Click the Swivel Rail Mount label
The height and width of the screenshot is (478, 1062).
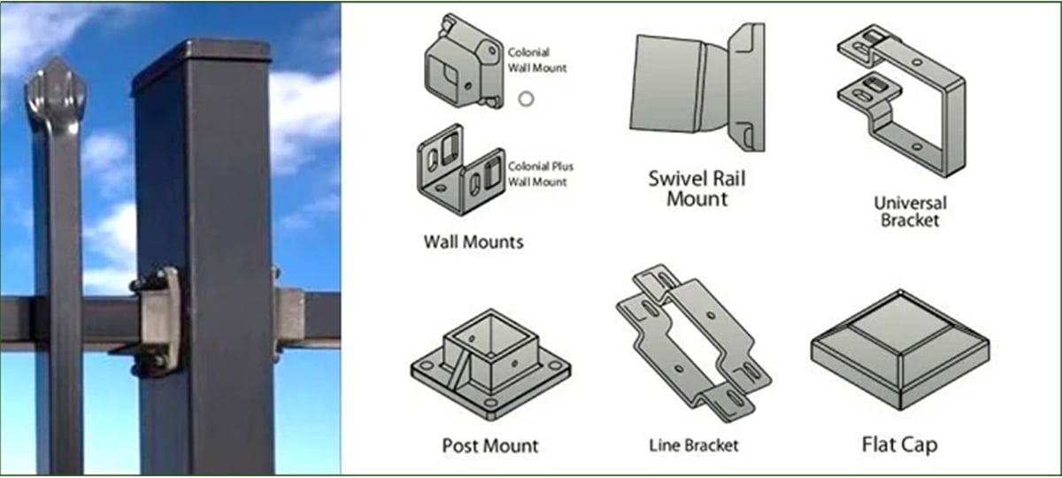(x=697, y=189)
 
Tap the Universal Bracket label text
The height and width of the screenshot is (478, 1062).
(x=911, y=212)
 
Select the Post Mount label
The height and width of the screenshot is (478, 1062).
(x=490, y=446)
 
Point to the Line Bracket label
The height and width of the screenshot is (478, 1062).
(x=694, y=445)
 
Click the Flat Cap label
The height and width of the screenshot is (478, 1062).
(x=899, y=444)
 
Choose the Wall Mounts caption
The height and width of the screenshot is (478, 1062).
(x=473, y=242)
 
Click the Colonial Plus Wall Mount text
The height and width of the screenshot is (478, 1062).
(x=541, y=174)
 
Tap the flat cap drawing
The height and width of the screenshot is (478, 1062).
(x=900, y=350)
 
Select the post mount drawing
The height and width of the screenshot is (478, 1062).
(x=490, y=364)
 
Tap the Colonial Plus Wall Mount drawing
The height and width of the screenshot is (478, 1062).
(x=461, y=170)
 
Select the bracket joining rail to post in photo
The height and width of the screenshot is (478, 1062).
(x=158, y=320)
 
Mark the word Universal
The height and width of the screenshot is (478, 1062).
(x=911, y=203)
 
